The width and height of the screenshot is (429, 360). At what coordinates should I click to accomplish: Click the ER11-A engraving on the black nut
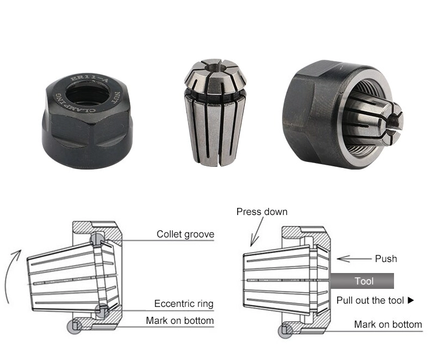[x=89, y=79]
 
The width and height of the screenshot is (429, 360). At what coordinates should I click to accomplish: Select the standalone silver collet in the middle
[x=215, y=112]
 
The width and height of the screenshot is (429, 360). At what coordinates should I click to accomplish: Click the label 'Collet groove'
[x=185, y=234]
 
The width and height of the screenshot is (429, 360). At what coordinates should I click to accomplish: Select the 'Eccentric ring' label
[x=184, y=304]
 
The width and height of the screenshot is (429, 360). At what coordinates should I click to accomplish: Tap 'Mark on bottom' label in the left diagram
[x=180, y=320]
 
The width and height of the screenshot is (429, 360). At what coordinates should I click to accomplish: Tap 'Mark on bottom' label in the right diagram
[x=388, y=324]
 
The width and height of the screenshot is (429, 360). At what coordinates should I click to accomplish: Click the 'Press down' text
[x=262, y=212]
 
